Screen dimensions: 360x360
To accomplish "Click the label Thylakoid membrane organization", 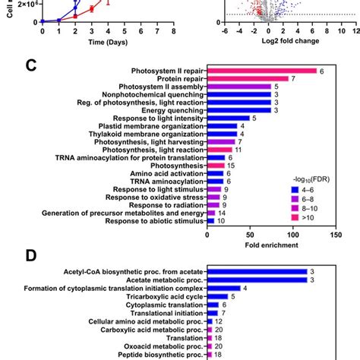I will tap(145, 134).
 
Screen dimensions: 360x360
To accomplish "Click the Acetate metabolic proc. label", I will tap(160, 279).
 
